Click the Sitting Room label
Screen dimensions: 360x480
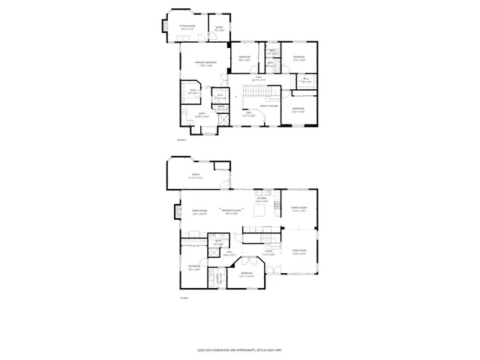(187, 26)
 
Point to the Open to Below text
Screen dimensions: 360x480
(270, 106)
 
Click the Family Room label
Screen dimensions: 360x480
(199, 212)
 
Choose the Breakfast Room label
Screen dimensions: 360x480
(231, 212)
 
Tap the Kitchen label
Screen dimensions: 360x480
(262, 200)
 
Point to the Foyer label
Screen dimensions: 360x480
(268, 253)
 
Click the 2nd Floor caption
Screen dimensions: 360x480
(180, 140)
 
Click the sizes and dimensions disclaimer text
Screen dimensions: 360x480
(240, 349)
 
